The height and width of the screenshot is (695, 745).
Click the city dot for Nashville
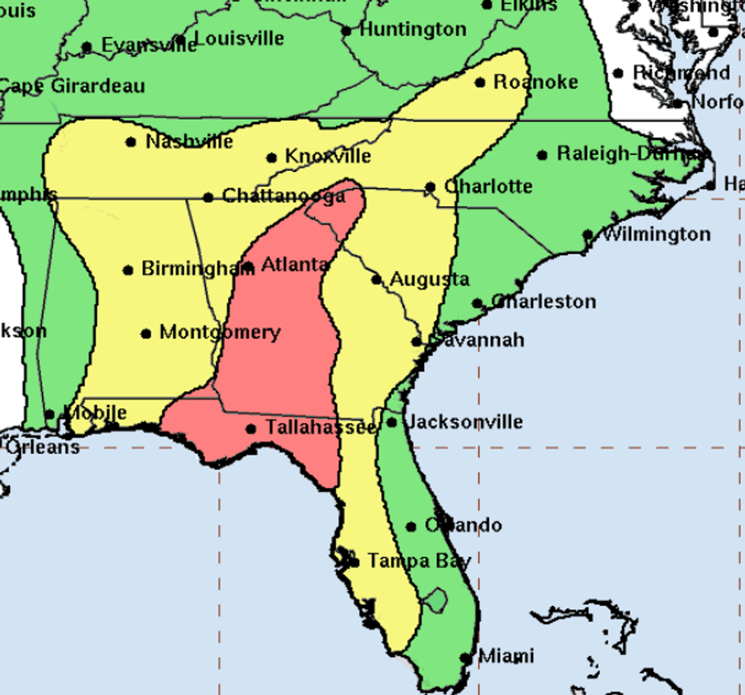click(131, 141)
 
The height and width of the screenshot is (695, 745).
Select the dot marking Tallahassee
click(251, 429)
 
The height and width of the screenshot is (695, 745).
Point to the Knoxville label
click(328, 157)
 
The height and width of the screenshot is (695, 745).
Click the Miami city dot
click(465, 658)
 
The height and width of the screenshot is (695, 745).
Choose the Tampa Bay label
click(419, 561)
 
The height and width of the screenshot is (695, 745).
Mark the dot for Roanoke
click(480, 82)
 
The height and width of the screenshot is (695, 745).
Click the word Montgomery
click(220, 332)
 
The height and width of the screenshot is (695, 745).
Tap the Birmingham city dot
click(128, 270)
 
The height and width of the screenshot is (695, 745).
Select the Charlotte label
click(488, 186)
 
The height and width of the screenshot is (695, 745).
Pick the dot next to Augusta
click(376, 279)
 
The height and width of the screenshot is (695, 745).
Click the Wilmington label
click(656, 234)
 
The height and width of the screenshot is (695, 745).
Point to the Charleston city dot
click(477, 303)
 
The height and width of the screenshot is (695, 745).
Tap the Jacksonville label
click(465, 422)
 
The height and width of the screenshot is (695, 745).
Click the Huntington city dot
click(347, 31)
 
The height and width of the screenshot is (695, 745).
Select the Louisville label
click(239, 38)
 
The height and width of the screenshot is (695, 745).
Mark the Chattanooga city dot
click(208, 198)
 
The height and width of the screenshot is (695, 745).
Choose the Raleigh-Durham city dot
click(542, 155)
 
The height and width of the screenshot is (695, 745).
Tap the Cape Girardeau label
click(72, 86)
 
